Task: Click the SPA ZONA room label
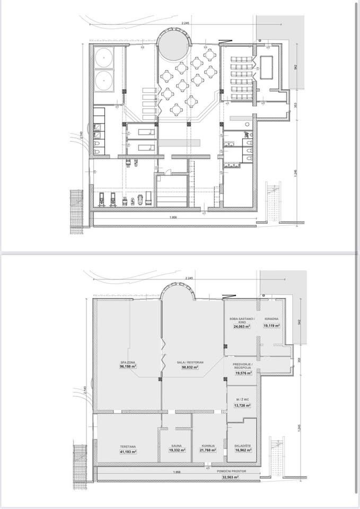click(x=128, y=362)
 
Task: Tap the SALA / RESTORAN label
click(x=192, y=362)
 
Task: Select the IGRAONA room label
click(x=271, y=319)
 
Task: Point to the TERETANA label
click(x=128, y=446)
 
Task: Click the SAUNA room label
click(x=177, y=446)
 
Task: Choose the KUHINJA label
click(x=207, y=446)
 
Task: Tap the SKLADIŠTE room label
click(x=243, y=446)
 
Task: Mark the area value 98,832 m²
click(x=192, y=367)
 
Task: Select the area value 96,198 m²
click(x=128, y=366)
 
